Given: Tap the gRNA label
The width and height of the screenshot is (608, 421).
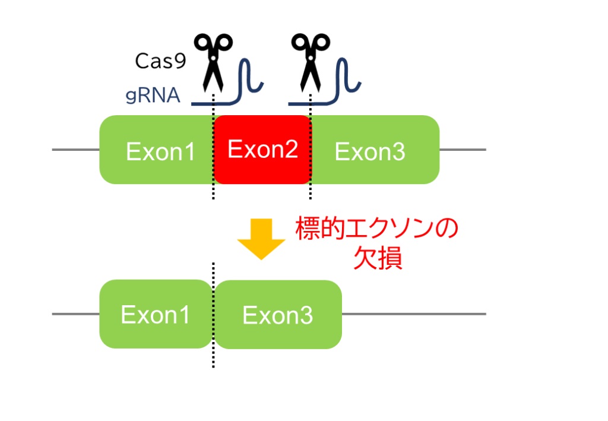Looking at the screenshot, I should click(x=153, y=96).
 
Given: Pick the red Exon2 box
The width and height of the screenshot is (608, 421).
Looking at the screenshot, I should click(x=262, y=150).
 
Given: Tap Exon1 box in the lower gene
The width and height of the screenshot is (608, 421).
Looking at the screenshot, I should click(x=156, y=314).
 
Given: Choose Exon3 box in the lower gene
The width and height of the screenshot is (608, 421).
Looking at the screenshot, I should click(x=278, y=315).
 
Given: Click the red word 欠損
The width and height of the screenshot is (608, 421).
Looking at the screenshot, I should click(x=378, y=258).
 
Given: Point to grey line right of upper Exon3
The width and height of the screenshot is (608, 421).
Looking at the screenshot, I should click(x=463, y=150).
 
